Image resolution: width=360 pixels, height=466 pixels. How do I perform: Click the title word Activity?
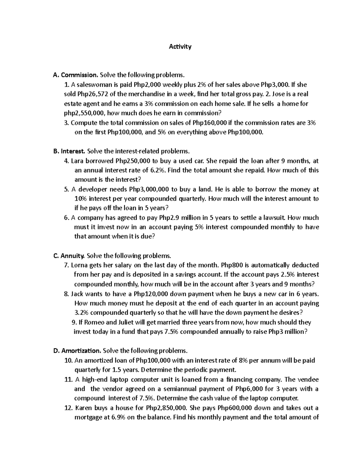(180, 47)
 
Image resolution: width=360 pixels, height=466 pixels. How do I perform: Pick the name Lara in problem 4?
(78, 161)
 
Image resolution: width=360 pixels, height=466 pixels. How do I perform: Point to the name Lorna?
(79, 265)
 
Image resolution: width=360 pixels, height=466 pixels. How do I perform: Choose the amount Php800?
(231, 265)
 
